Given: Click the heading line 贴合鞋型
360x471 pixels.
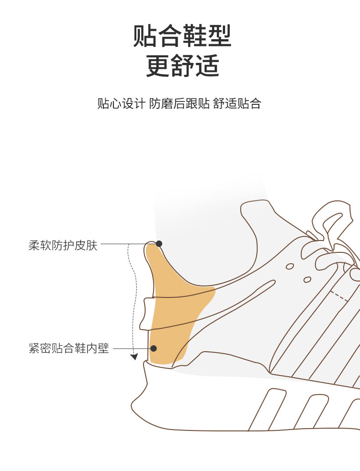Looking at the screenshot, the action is pyautogui.click(x=182, y=36).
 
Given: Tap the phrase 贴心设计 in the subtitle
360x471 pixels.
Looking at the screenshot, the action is pyautogui.click(x=121, y=103).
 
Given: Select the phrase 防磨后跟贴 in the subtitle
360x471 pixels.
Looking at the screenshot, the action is pyautogui.click(x=180, y=103).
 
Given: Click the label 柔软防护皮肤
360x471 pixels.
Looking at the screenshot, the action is pyautogui.click(x=63, y=246).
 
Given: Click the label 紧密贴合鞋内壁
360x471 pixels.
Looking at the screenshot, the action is pyautogui.click(x=69, y=349).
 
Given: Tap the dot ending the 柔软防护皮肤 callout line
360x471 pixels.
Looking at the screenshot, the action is pyautogui.click(x=159, y=244).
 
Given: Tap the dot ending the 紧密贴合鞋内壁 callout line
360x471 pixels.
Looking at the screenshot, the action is pyautogui.click(x=154, y=348).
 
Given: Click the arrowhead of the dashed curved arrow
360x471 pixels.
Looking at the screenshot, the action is pyautogui.click(x=134, y=357).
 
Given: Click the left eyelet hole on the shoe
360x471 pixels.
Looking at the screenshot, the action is pyautogui.click(x=290, y=266).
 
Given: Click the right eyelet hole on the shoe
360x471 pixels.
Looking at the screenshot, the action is pyautogui.click(x=307, y=279).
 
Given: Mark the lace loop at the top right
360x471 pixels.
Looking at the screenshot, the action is pyautogui.click(x=332, y=219).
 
